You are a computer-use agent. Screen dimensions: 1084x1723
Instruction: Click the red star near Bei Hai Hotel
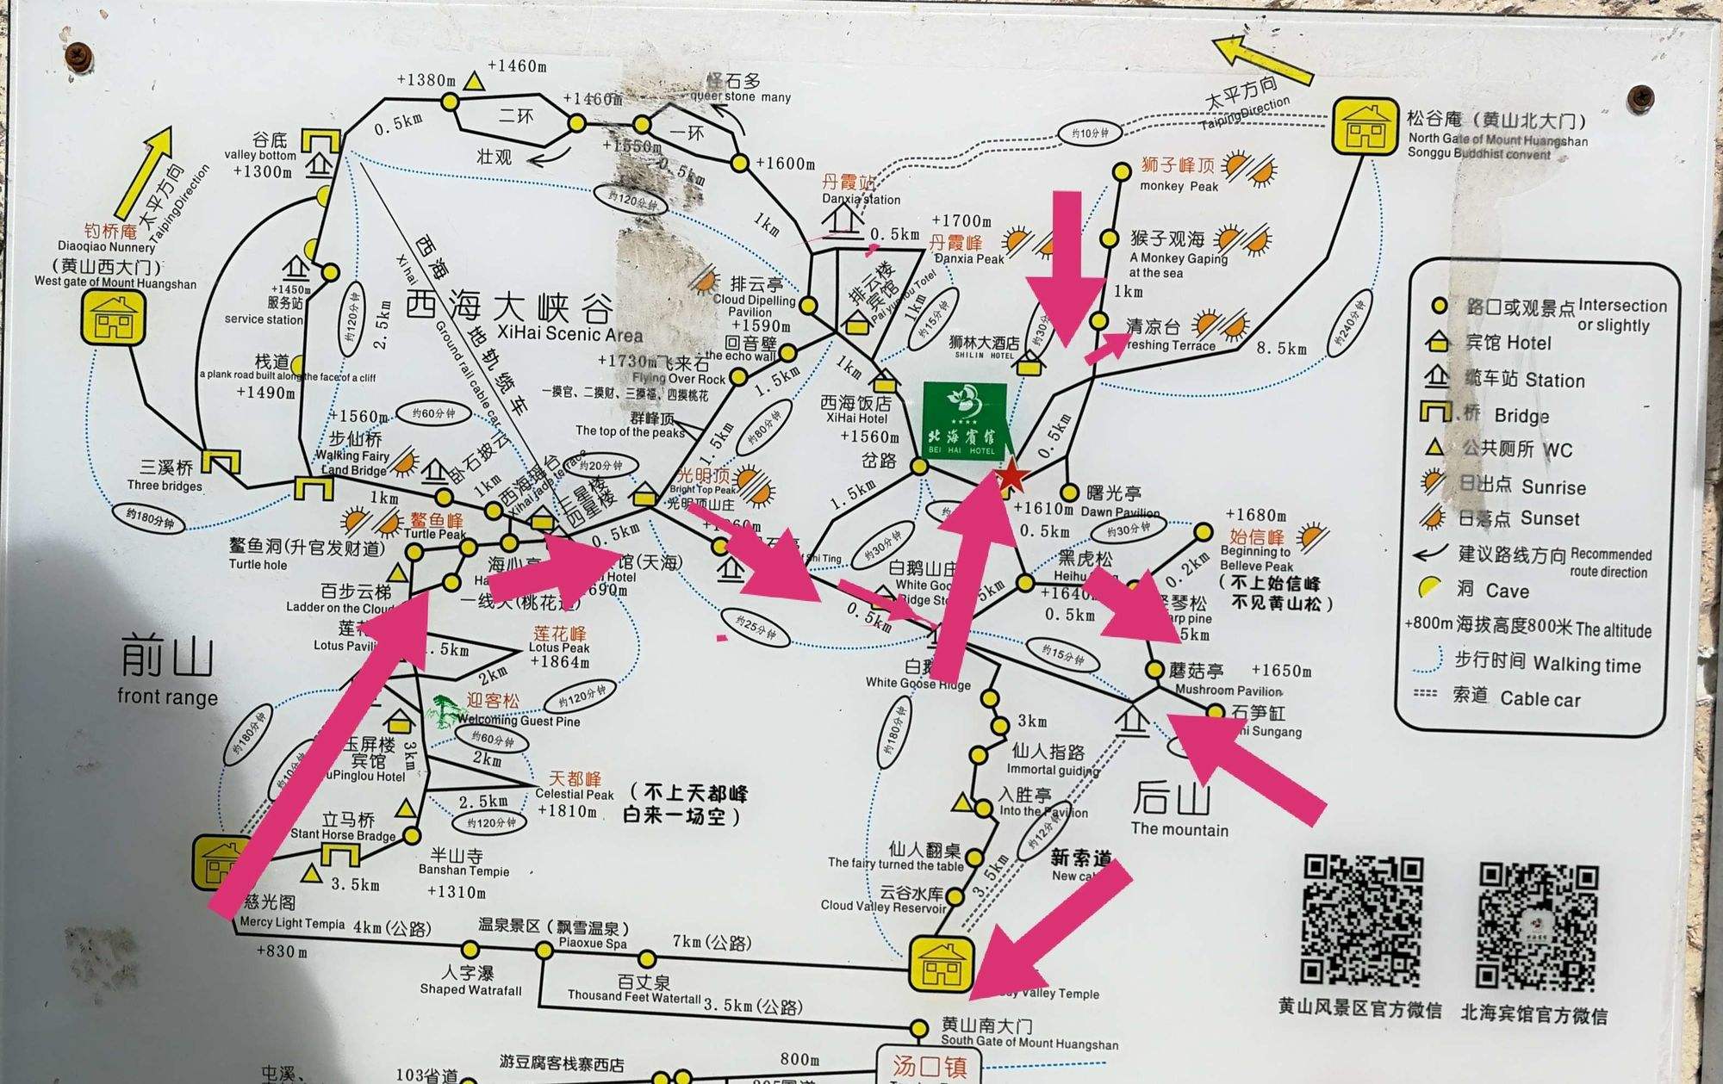click(1011, 476)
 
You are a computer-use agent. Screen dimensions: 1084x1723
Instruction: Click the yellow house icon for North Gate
click(1365, 127)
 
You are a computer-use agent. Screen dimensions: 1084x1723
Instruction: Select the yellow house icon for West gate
click(113, 317)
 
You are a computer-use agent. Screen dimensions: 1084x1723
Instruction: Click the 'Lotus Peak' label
click(559, 647)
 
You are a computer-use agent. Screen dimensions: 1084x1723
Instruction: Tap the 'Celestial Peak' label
click(574, 794)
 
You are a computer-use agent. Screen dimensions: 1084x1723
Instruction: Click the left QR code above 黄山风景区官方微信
click(1360, 920)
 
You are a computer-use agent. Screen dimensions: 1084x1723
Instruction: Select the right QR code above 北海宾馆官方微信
click(1537, 926)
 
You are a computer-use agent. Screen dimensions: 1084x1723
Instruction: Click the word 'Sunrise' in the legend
click(1553, 487)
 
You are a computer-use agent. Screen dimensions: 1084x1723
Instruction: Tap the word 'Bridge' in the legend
click(1521, 416)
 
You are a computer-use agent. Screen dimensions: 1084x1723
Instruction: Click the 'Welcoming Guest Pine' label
click(518, 721)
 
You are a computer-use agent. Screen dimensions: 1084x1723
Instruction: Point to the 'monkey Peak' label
click(1179, 186)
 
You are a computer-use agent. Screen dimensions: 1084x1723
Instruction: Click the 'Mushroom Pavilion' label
click(1228, 690)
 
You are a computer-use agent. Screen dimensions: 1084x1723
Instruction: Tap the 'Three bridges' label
click(165, 486)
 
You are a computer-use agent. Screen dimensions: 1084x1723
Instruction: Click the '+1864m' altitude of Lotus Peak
click(559, 662)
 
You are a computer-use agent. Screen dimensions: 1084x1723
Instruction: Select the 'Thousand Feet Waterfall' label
click(634, 996)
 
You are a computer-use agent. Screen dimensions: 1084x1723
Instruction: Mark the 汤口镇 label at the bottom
click(930, 1066)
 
